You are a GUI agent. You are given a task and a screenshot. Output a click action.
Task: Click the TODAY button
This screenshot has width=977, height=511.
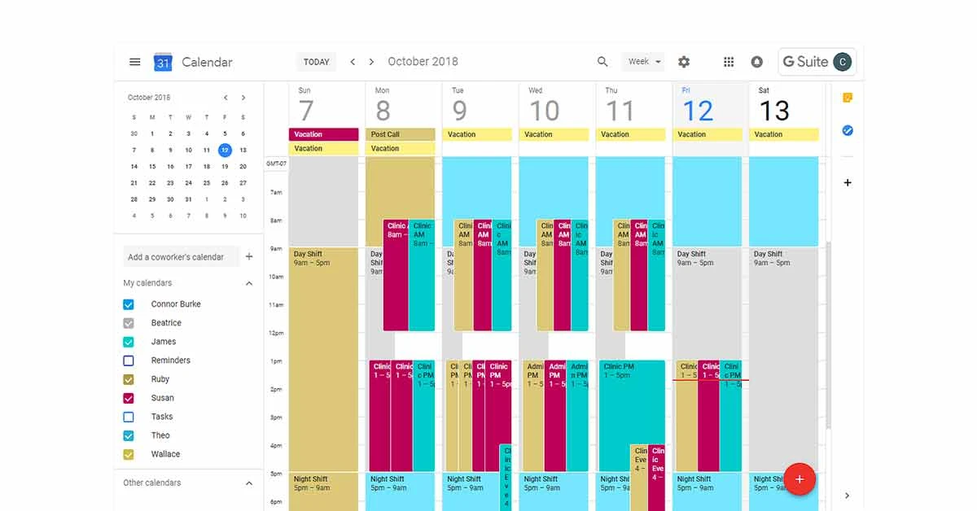(316, 62)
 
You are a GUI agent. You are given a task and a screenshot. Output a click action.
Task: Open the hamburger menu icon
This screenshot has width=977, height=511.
(135, 62)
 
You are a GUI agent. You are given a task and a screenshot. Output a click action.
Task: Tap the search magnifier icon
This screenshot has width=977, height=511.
(602, 62)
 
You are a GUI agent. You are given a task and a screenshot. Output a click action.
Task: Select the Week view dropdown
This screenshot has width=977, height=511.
(643, 62)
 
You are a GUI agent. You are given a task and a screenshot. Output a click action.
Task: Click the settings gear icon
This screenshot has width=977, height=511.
(684, 62)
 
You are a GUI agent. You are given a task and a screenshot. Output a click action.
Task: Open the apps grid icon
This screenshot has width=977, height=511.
(729, 62)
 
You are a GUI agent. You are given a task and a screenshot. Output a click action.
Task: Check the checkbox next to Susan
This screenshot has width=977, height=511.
(129, 398)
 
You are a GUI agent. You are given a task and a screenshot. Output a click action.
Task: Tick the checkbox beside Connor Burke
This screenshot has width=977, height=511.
(129, 304)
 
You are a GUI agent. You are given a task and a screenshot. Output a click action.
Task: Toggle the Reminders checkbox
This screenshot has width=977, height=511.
(129, 360)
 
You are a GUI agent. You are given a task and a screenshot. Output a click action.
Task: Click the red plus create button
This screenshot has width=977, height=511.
(799, 479)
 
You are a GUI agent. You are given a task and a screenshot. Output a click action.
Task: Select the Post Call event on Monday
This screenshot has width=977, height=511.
(402, 134)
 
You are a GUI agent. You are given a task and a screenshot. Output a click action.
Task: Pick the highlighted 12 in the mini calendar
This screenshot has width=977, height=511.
(225, 150)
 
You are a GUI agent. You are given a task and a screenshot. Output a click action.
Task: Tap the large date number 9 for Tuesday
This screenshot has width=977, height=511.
(460, 111)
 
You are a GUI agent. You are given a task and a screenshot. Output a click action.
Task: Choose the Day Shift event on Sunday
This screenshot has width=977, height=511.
(323, 358)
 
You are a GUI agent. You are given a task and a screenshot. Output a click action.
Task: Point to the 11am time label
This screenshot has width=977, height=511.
(275, 305)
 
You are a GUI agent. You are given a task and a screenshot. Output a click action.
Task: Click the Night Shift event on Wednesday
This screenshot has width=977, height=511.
(554, 488)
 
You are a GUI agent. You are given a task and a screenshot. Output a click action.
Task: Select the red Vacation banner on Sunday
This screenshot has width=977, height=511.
(323, 134)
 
